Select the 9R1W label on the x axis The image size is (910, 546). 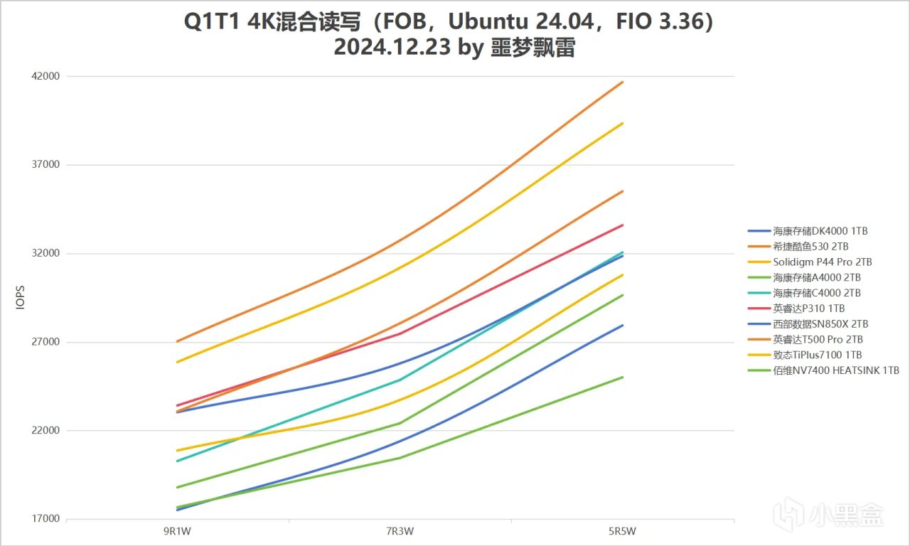pyautogui.click(x=177, y=532)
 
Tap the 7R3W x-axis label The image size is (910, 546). pyautogui.click(x=400, y=532)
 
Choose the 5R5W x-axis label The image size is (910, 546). pyautogui.click(x=622, y=532)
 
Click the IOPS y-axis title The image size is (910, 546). pyautogui.click(x=20, y=298)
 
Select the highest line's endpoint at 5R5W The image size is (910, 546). pyautogui.click(x=623, y=82)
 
